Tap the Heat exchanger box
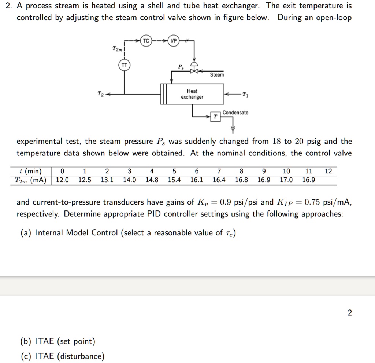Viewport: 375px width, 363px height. (192, 94)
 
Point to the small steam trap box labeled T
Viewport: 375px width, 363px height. (215, 117)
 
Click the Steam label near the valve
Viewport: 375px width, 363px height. (217, 75)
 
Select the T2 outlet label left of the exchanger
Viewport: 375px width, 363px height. (100, 94)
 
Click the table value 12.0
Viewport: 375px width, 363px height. (62, 180)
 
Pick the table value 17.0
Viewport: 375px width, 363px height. (286, 180)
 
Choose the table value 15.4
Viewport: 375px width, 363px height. (174, 180)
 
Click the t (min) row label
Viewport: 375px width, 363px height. (31, 171)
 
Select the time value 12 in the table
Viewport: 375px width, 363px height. (328, 171)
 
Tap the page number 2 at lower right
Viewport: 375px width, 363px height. (349, 313)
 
